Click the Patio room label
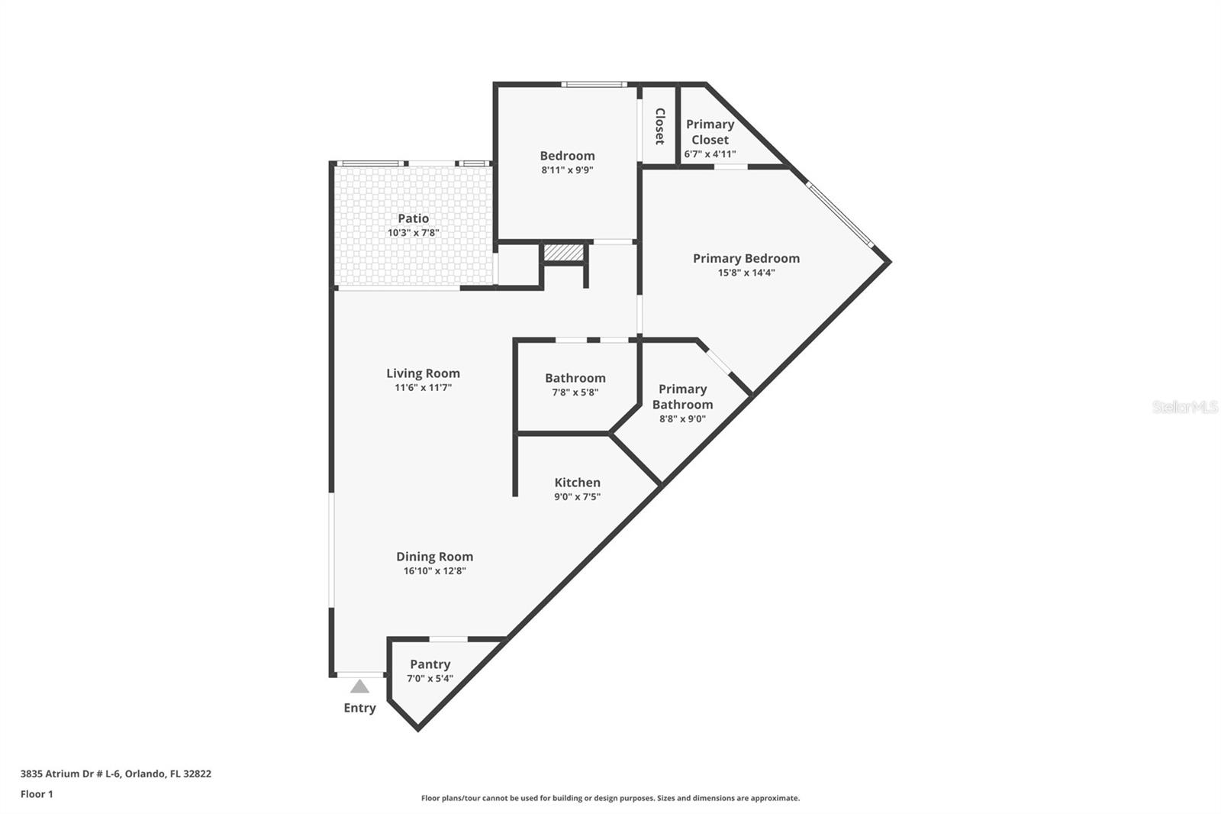413,218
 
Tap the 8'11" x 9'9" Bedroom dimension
567,170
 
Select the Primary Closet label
710,131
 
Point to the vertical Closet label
660,126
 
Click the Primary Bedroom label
746,258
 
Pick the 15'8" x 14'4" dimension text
746,273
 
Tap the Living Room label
423,373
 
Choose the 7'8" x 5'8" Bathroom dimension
575,392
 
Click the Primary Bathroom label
682,396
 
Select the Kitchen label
577,483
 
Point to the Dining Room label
434,557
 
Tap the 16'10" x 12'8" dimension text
434,571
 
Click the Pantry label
430,664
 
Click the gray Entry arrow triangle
359,686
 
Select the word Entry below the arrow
359,708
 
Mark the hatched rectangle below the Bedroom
563,252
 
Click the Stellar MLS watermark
1184,407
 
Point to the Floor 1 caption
37,794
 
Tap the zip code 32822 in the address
197,774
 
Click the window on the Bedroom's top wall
594,84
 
